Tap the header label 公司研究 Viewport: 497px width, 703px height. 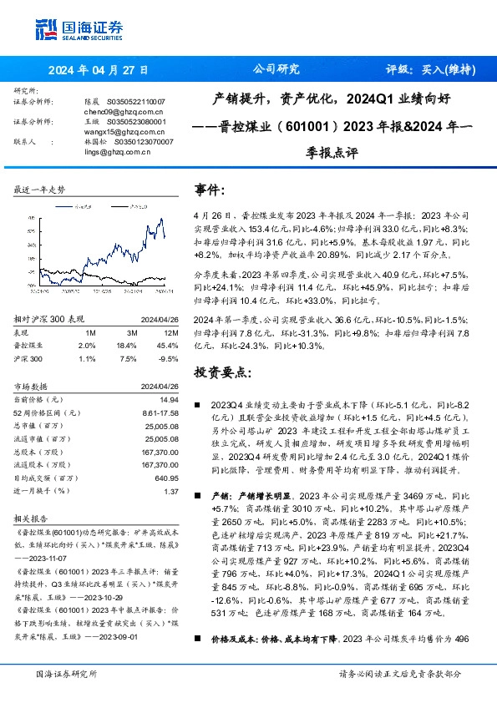pyautogui.click(x=275, y=69)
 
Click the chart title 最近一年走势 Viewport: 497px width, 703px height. pyautogui.click(x=40, y=191)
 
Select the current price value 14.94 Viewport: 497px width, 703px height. pyautogui.click(x=170, y=401)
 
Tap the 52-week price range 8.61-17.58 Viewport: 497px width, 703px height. pyautogui.click(x=161, y=412)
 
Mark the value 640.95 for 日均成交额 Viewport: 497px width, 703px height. pyautogui.click(x=167, y=479)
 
